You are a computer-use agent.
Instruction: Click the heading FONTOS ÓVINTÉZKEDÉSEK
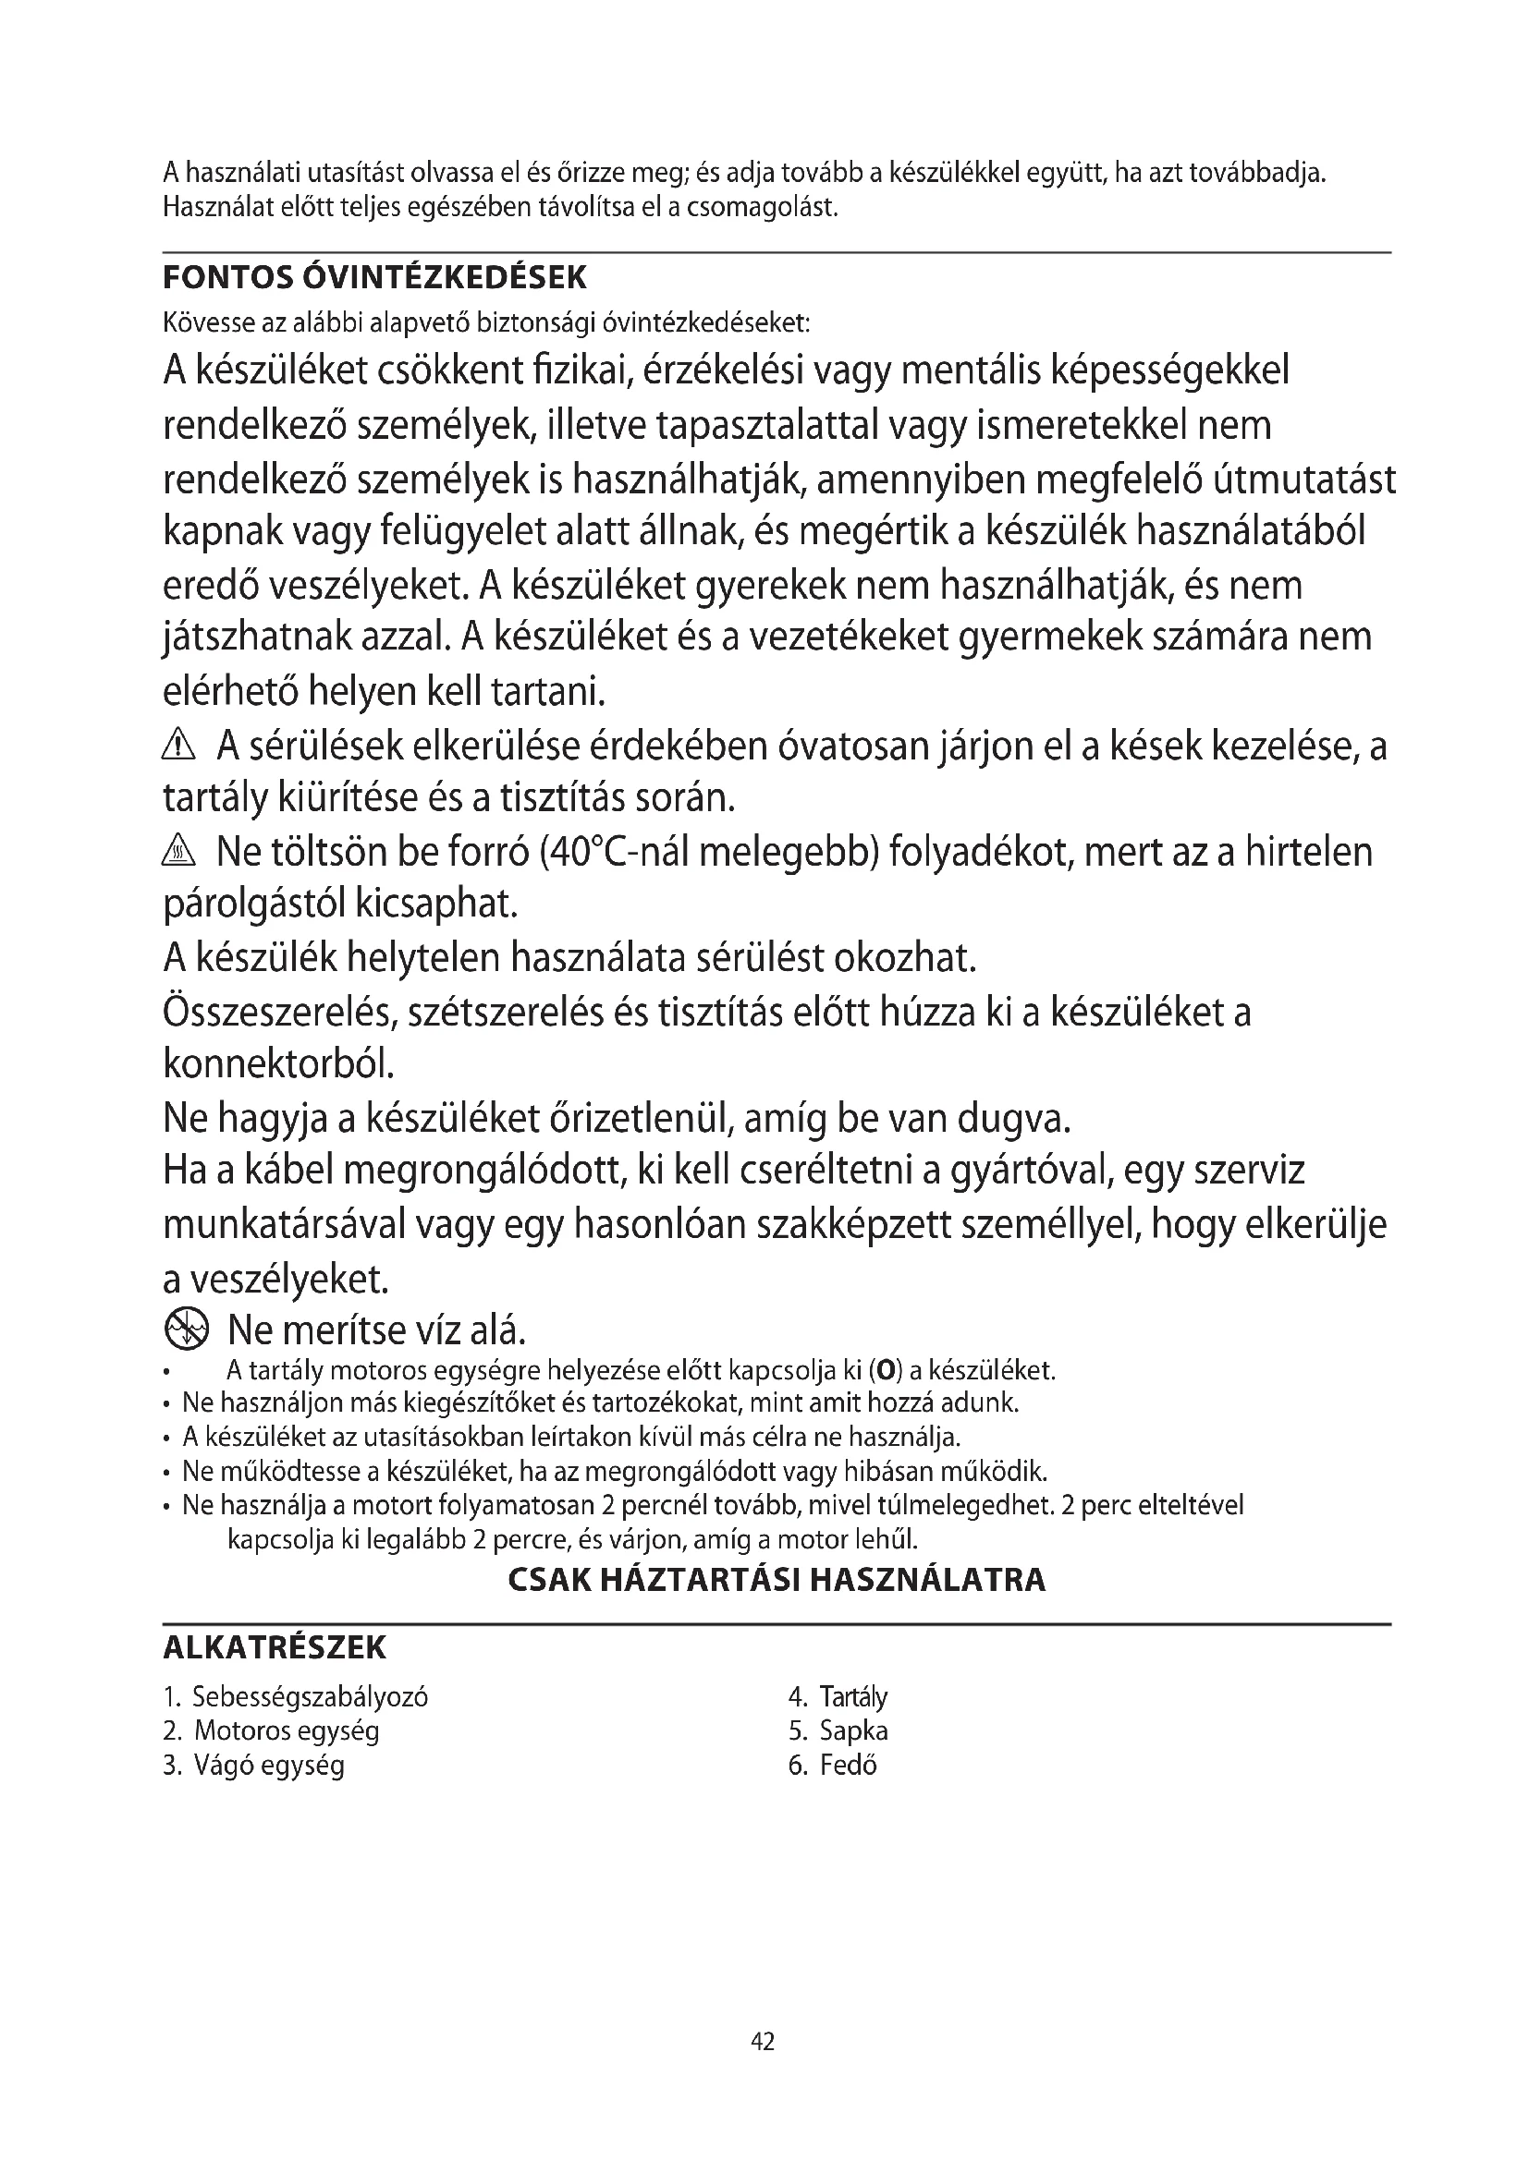point(374,279)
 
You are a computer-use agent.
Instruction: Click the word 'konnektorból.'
point(278,1065)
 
